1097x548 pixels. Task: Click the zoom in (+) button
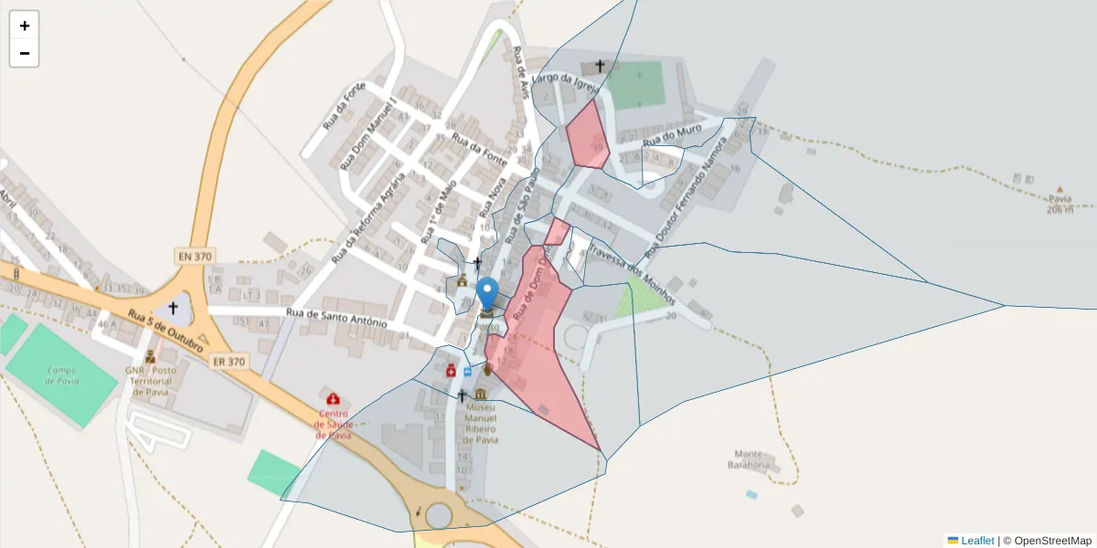[x=25, y=26]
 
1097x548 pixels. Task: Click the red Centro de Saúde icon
[x=333, y=399]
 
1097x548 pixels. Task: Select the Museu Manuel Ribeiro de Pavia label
[x=481, y=423]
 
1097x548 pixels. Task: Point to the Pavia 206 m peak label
[x=1060, y=203]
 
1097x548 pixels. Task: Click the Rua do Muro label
[x=672, y=135]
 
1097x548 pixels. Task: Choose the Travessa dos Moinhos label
[x=633, y=273]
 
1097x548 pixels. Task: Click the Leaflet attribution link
[x=977, y=541]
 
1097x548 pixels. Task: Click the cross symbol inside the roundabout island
[x=173, y=309]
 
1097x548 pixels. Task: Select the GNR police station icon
[x=150, y=355]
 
